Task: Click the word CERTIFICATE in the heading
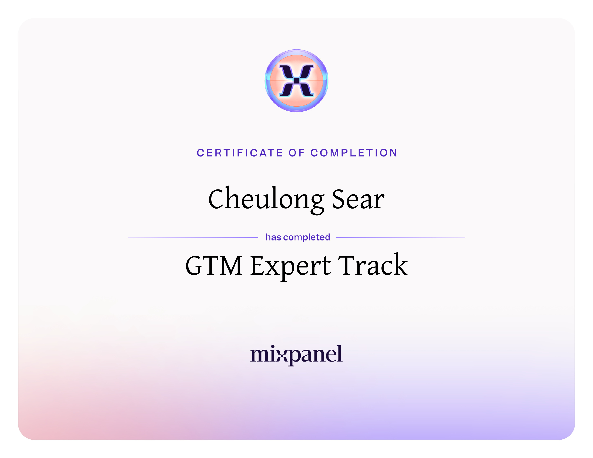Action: pyautogui.click(x=240, y=153)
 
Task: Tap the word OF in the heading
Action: pyautogui.click(x=296, y=153)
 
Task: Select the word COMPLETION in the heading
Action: pyautogui.click(x=354, y=153)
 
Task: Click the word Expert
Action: pyautogui.click(x=291, y=267)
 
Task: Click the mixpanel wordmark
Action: pyautogui.click(x=296, y=355)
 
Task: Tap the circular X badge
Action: pyautogui.click(x=296, y=81)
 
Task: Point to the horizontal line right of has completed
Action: pyautogui.click(x=401, y=237)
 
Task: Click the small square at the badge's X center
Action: pyautogui.click(x=296, y=81)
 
